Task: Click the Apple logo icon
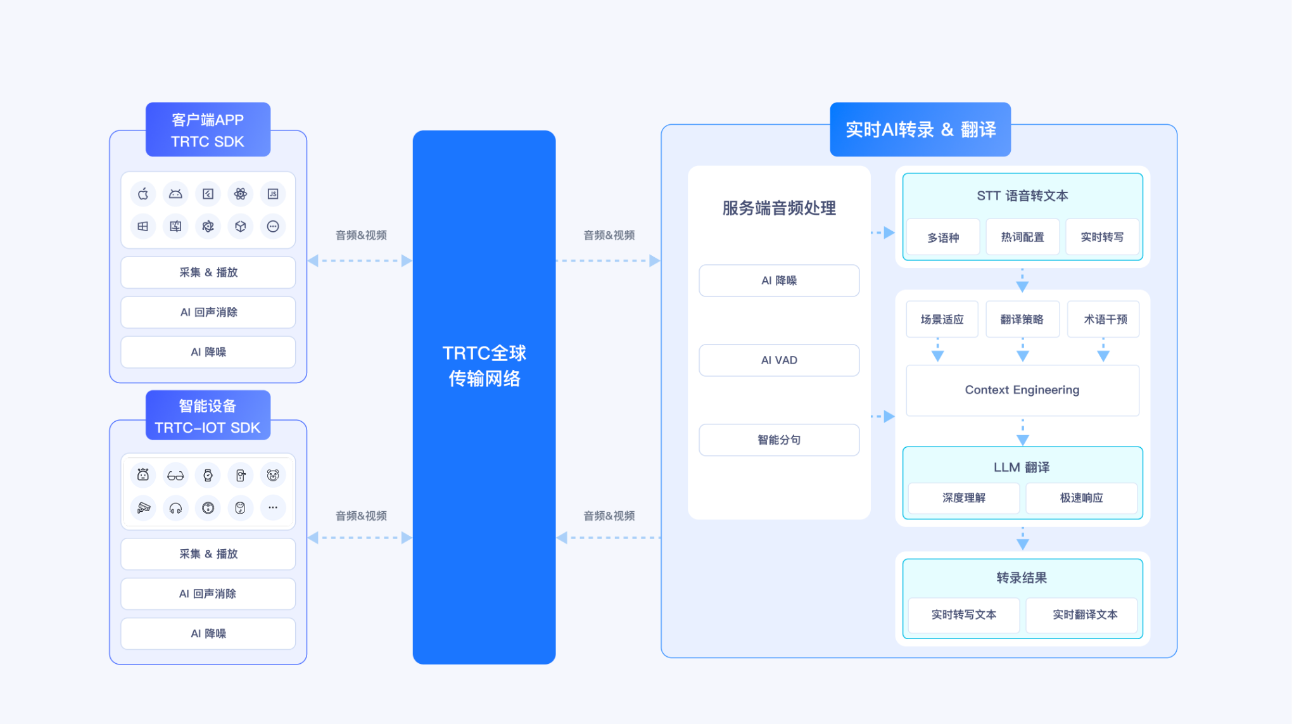143,194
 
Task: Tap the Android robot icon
175,194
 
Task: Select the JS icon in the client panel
273,194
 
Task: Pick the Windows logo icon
143,226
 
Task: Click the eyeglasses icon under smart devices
175,475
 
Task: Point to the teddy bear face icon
273,475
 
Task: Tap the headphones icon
175,507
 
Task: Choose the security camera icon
143,507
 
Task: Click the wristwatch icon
208,475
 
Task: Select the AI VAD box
779,360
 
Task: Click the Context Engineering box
1022,390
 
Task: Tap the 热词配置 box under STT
1022,238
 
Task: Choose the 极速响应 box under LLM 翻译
1081,498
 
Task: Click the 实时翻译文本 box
1084,615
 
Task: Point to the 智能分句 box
779,440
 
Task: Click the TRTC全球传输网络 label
484,365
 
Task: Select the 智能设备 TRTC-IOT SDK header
208,416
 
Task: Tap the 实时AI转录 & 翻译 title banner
920,130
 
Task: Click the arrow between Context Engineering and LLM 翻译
1022,433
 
